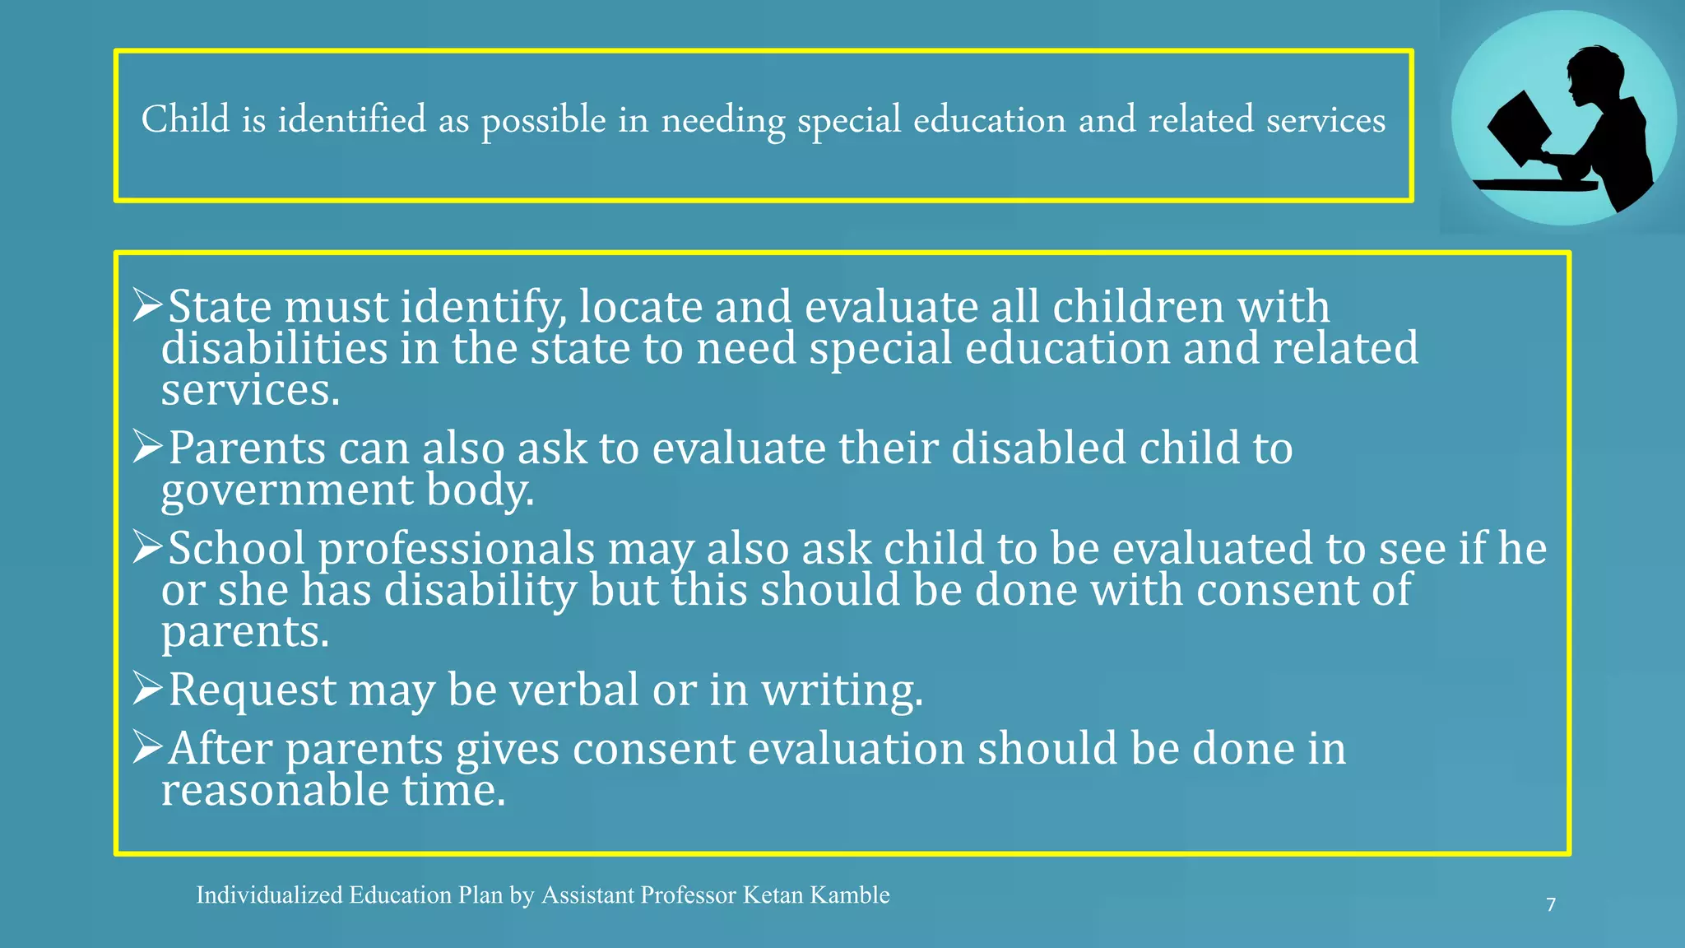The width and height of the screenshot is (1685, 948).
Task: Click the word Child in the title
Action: click(185, 120)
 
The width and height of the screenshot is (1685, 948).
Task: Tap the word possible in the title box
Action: click(543, 122)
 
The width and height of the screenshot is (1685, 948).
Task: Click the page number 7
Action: click(1551, 905)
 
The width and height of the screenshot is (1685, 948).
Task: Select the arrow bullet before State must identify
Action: click(148, 305)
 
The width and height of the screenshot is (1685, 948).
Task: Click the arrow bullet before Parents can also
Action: click(148, 447)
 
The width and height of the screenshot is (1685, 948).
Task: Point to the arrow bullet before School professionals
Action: click(148, 547)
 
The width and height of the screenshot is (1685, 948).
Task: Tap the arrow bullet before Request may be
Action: click(148, 689)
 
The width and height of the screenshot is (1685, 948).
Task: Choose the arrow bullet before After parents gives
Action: click(148, 747)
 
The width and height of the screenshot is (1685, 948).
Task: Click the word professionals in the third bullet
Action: click(456, 550)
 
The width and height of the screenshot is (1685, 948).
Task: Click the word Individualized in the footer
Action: click(269, 895)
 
